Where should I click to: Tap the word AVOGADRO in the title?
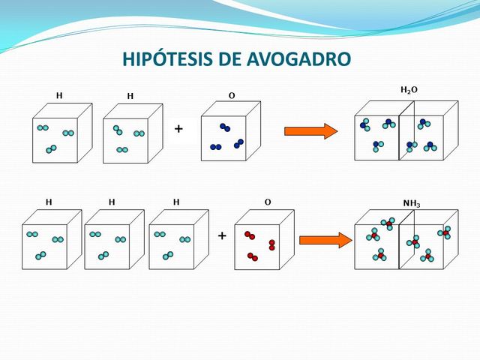point(299,59)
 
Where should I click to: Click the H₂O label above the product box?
point(409,90)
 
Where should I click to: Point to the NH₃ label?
point(412,203)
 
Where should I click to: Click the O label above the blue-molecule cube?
point(232,96)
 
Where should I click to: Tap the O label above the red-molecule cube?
point(268,202)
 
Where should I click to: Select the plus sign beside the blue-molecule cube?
point(178,130)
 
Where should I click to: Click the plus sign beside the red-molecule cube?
point(222,236)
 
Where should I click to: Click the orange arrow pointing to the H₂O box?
point(310,132)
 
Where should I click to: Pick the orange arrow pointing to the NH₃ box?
point(325,240)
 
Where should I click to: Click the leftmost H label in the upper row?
point(59,96)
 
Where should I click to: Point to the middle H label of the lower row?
point(112,202)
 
